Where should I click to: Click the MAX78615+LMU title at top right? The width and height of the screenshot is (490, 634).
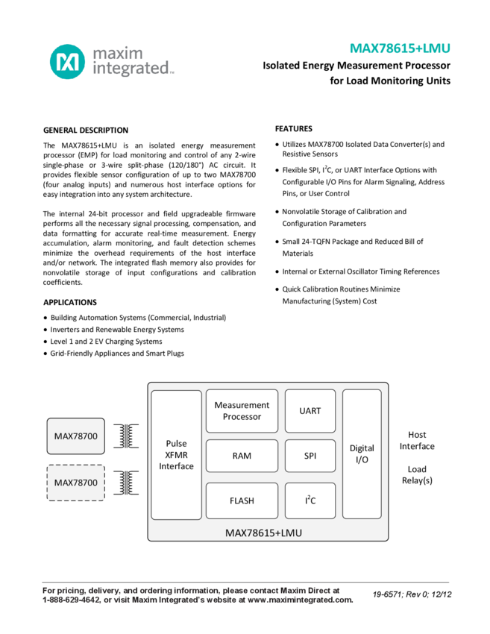coord(400,48)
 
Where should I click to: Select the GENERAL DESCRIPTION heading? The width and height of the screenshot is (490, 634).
coord(86,130)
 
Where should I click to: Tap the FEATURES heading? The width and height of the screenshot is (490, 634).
coord(294,128)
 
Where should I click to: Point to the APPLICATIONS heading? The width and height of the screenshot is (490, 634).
coord(70,302)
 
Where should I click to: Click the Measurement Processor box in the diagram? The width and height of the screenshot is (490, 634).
coord(242,411)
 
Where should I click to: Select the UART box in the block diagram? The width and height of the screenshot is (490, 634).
coord(310,411)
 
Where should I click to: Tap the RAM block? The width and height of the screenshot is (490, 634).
coord(242,456)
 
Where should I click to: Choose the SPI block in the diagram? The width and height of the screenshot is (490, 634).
coord(310,456)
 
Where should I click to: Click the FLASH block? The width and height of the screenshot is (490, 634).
coord(242,500)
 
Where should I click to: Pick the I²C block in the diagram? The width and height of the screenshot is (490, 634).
coord(310,500)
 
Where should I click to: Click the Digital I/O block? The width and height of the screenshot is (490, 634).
coord(362,453)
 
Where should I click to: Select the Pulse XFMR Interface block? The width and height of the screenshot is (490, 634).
coord(176,454)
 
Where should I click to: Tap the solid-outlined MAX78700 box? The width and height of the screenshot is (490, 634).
coord(76,436)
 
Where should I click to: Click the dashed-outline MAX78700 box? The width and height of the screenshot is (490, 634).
coord(76,483)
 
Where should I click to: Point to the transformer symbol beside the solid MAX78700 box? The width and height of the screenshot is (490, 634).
coord(127,436)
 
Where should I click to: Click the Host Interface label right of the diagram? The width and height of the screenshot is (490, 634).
coord(417,440)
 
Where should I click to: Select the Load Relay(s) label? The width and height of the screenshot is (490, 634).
coord(417,474)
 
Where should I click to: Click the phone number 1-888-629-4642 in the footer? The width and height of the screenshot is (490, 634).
coord(71,600)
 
